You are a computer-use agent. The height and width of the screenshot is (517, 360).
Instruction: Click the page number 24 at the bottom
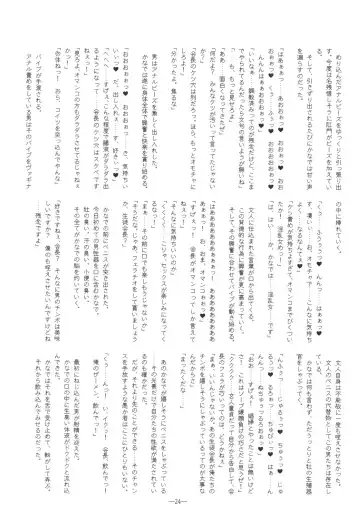tap(179, 502)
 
